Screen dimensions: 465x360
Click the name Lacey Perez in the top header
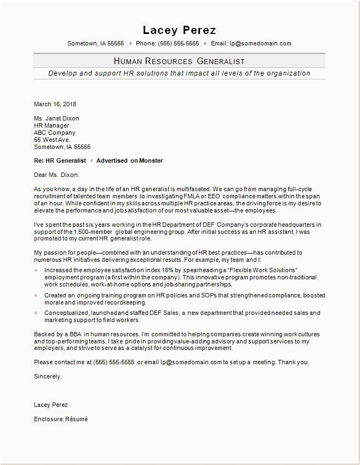(x=179, y=30)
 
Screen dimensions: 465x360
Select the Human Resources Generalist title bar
(x=179, y=61)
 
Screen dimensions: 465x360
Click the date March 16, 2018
(x=55, y=104)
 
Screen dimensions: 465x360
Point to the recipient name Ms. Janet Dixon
(x=56, y=118)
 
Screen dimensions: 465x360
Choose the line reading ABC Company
(x=55, y=133)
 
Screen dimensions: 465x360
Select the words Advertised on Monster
(x=129, y=160)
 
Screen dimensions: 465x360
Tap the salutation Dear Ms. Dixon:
(x=56, y=175)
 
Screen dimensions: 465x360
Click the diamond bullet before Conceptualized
(x=36, y=313)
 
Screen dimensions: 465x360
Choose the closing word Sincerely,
(x=48, y=376)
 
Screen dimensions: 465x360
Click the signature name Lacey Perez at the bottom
(x=51, y=405)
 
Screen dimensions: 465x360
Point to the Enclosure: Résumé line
(x=60, y=419)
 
